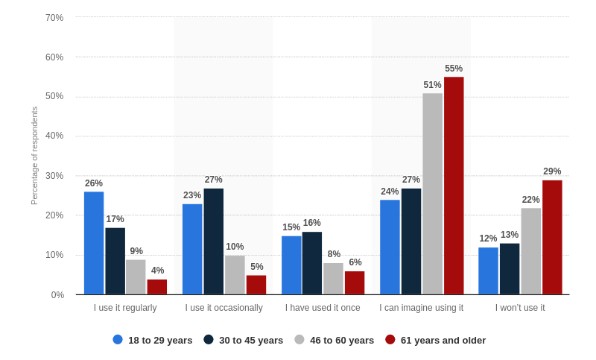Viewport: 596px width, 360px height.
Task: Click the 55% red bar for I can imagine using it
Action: (x=454, y=186)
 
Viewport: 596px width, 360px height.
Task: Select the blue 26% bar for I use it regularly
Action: (x=94, y=243)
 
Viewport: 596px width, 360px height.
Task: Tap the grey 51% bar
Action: (x=433, y=194)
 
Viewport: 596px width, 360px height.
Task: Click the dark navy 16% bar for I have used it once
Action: (x=312, y=263)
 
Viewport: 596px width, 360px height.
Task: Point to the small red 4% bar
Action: (x=157, y=287)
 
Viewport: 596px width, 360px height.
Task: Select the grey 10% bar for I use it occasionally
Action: (x=235, y=275)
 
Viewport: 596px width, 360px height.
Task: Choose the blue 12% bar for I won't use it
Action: (x=488, y=271)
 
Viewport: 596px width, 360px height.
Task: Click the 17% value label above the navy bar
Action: (x=115, y=219)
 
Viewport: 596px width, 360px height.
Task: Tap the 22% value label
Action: (x=530, y=200)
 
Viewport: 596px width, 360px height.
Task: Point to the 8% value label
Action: (x=334, y=254)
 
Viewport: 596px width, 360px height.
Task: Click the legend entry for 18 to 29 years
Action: (x=153, y=340)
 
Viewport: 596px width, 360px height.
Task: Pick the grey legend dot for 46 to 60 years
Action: (x=299, y=339)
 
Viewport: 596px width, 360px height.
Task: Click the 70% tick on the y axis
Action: (x=54, y=18)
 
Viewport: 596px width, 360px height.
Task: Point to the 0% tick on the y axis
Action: (x=57, y=295)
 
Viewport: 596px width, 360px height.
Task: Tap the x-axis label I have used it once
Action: (x=323, y=308)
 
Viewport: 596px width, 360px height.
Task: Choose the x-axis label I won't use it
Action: (x=520, y=308)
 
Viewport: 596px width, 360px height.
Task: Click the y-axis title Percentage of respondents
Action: (x=34, y=156)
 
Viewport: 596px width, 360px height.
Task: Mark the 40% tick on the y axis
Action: (x=54, y=136)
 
